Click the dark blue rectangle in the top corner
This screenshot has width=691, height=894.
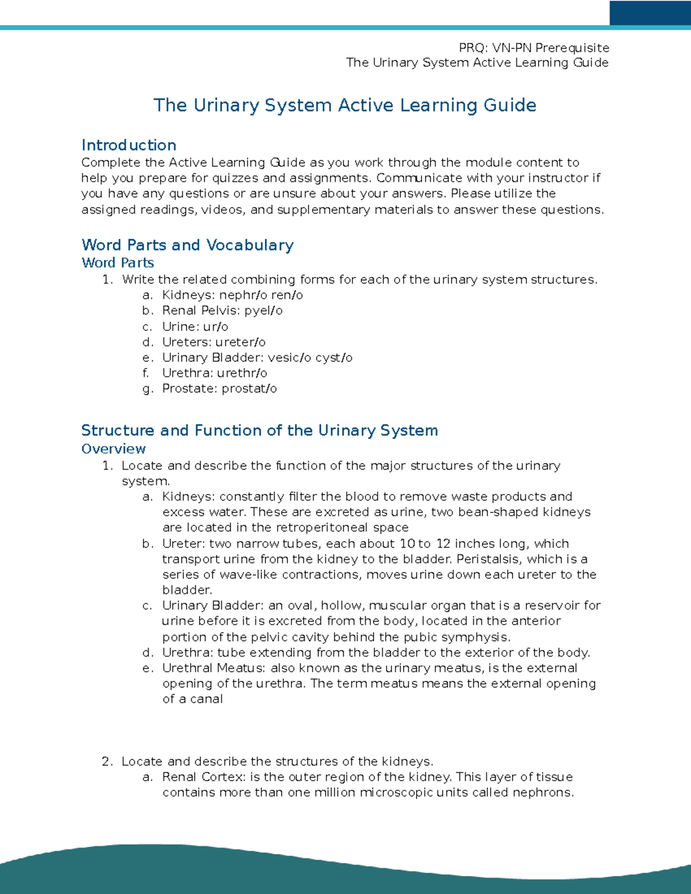[x=650, y=13]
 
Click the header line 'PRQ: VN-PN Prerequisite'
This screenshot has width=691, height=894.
[x=533, y=48]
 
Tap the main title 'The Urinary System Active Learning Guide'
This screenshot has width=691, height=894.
[x=344, y=105]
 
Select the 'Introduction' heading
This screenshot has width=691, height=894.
[x=128, y=145]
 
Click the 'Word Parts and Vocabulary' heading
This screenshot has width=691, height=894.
[x=187, y=245]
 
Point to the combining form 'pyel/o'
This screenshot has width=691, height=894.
[x=263, y=311]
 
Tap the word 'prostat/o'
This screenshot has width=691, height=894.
[x=249, y=389]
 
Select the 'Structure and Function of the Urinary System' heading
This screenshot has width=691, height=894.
[x=259, y=431]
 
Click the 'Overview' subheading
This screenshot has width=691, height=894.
[x=113, y=449]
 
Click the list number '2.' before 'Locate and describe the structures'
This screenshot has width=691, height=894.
[x=107, y=762]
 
